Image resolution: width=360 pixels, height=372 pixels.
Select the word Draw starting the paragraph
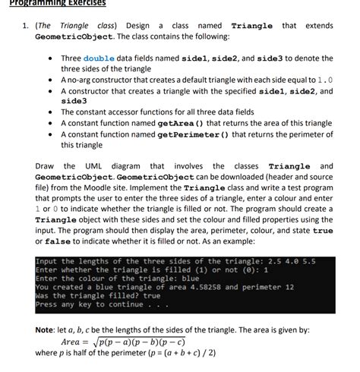45,166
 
